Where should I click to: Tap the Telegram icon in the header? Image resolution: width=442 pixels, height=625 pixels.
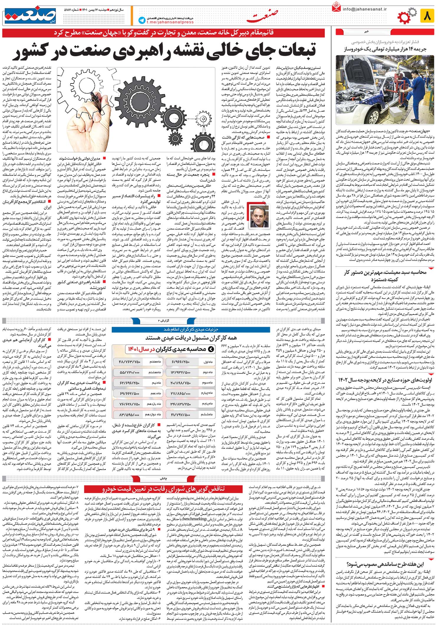(x=142, y=20)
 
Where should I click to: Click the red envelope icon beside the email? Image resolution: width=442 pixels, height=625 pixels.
(x=336, y=7)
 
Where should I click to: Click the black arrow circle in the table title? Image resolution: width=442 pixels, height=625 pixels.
(x=211, y=349)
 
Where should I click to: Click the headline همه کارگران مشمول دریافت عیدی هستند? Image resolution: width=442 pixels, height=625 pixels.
(x=191, y=338)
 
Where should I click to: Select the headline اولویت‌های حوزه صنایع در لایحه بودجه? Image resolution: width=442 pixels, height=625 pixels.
(x=386, y=380)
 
